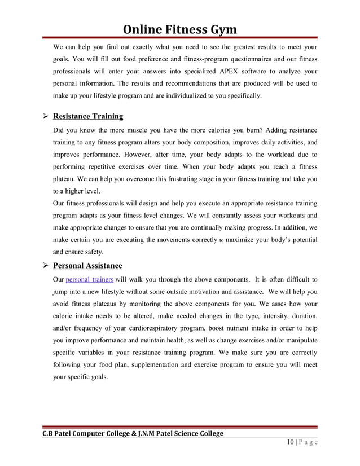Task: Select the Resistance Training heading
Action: pos(88,117)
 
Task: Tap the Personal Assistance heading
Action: pos(87,265)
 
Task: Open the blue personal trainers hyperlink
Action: pos(90,279)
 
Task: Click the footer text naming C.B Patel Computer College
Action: pos(129,433)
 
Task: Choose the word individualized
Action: pos(190,96)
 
